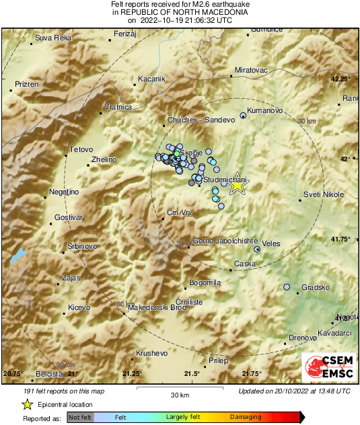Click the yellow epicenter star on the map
[237, 186]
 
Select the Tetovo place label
[81, 149]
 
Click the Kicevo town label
[79, 307]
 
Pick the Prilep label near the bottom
[218, 361]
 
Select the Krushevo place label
[151, 352]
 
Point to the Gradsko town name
[315, 287]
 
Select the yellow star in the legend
[27, 404]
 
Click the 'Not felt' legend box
[80, 418]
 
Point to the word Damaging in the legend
[246, 418]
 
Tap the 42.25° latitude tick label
[341, 79]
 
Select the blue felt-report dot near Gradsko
[287, 287]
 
